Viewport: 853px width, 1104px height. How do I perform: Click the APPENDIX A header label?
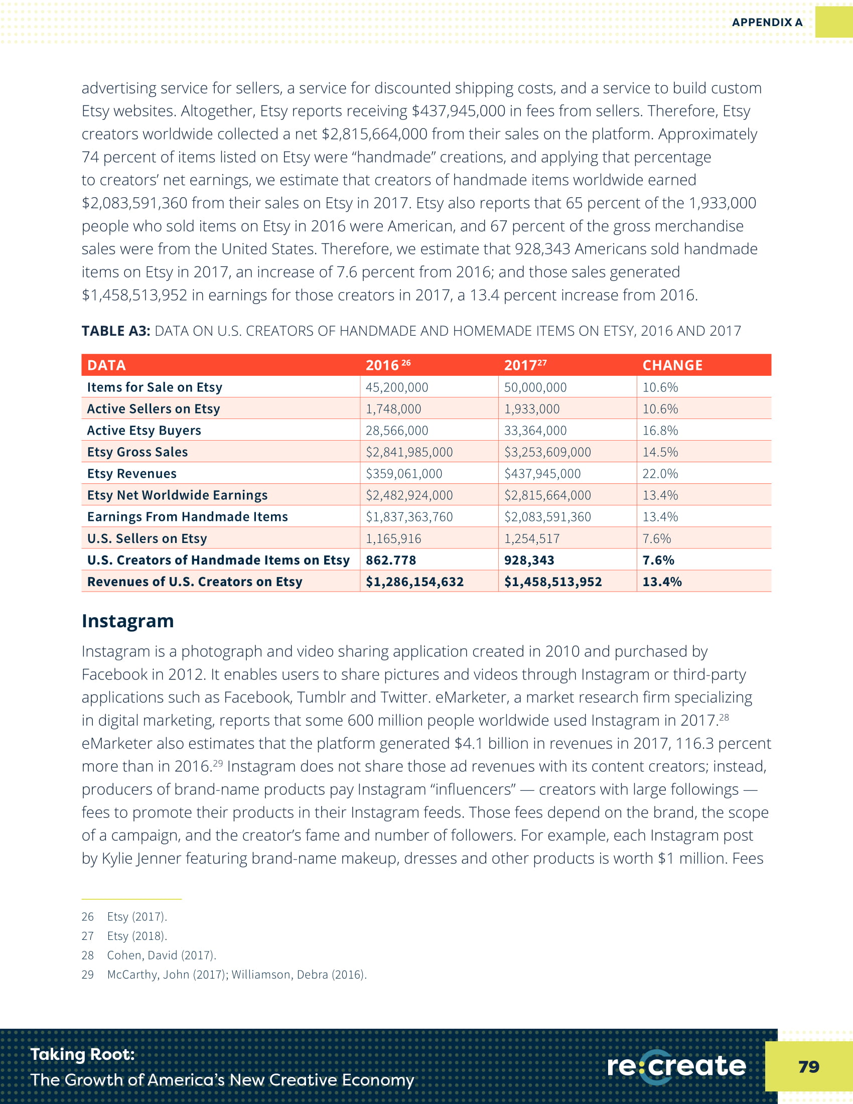767,22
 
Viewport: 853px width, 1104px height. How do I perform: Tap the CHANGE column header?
672,365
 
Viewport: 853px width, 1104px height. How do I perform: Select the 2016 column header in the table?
387,365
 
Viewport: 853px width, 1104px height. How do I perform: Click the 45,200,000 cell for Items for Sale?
397,387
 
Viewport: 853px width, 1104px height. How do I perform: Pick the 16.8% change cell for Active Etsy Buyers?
660,430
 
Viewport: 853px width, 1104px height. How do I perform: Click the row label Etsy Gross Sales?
137,452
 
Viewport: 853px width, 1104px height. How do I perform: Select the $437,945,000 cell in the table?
542,474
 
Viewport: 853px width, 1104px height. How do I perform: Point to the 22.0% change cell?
660,474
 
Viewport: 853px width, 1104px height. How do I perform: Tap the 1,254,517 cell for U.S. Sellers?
531,538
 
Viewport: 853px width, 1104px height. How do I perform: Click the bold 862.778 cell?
390,560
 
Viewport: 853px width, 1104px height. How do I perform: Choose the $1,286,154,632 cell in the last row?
414,582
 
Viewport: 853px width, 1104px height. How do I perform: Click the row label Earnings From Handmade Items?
188,516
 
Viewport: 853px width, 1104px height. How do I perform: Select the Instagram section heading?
128,621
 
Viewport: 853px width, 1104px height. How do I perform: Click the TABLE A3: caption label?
116,331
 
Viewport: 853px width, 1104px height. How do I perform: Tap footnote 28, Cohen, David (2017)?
161,955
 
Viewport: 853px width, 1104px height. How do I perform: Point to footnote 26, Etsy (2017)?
136,916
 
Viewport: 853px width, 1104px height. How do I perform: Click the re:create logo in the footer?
676,1066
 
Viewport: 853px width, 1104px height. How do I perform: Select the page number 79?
808,1066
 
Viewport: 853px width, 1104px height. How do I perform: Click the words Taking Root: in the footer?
83,1054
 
